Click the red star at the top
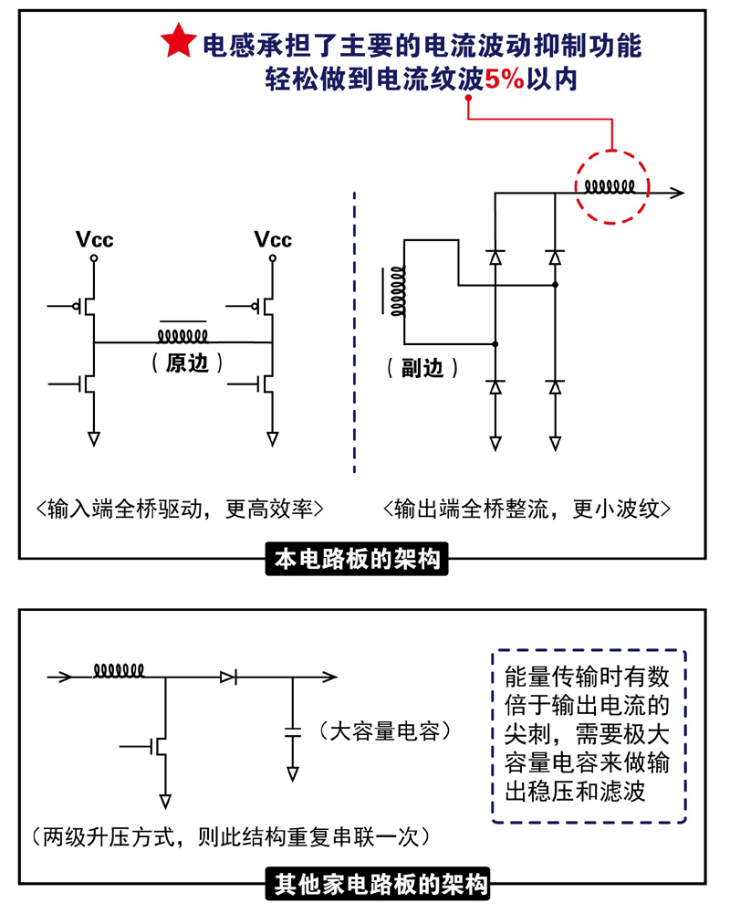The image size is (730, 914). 177,42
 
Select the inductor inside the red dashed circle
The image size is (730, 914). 610,188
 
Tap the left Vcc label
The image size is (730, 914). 95,240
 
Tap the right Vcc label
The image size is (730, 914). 273,240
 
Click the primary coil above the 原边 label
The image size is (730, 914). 183,333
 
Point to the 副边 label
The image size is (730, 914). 418,367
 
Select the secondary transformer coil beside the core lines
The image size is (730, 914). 398,292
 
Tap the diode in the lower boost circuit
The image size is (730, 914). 228,677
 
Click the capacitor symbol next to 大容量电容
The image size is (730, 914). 292,730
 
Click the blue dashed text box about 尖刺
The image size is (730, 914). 589,736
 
